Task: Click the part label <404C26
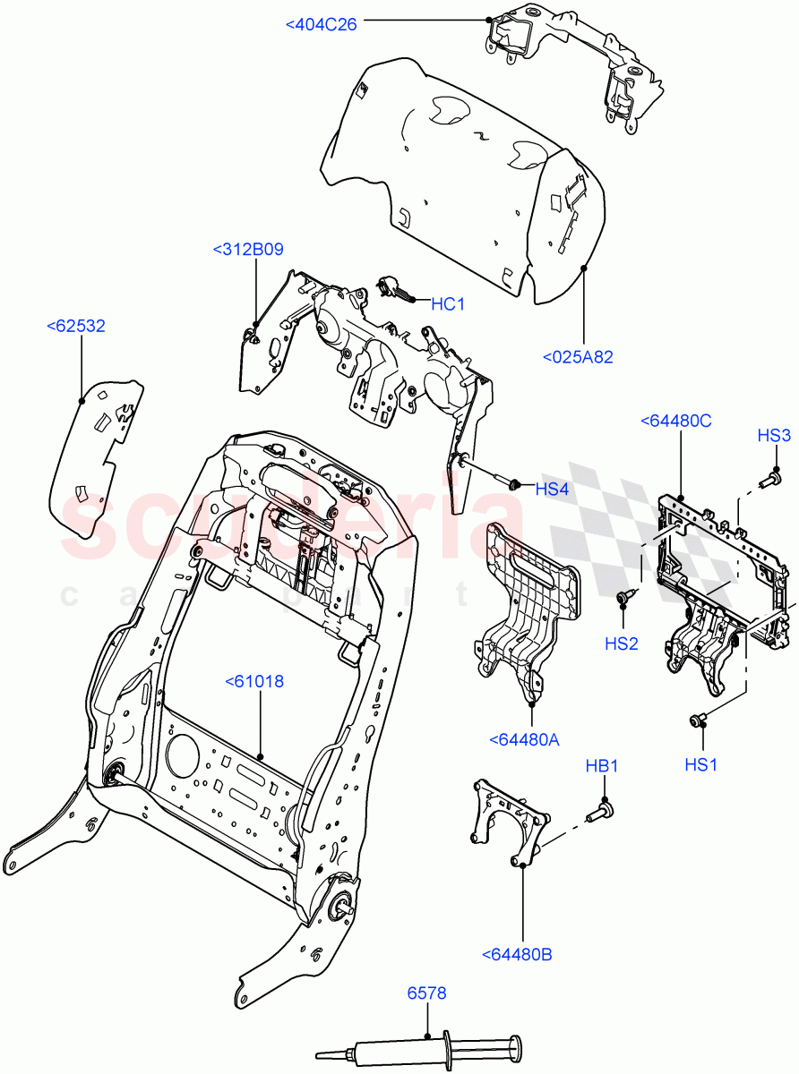point(321,25)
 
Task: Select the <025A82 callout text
point(578,357)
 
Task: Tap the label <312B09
point(247,249)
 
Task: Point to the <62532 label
point(75,326)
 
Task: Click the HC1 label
point(448,304)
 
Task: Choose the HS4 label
point(553,489)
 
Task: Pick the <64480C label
point(675,421)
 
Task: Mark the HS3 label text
point(774,436)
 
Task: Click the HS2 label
point(621,644)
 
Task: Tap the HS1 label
point(700,764)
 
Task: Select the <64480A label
point(525,738)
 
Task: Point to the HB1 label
point(602,766)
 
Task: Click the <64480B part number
point(517,954)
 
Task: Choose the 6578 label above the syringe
point(426,993)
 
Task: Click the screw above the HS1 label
point(698,720)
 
